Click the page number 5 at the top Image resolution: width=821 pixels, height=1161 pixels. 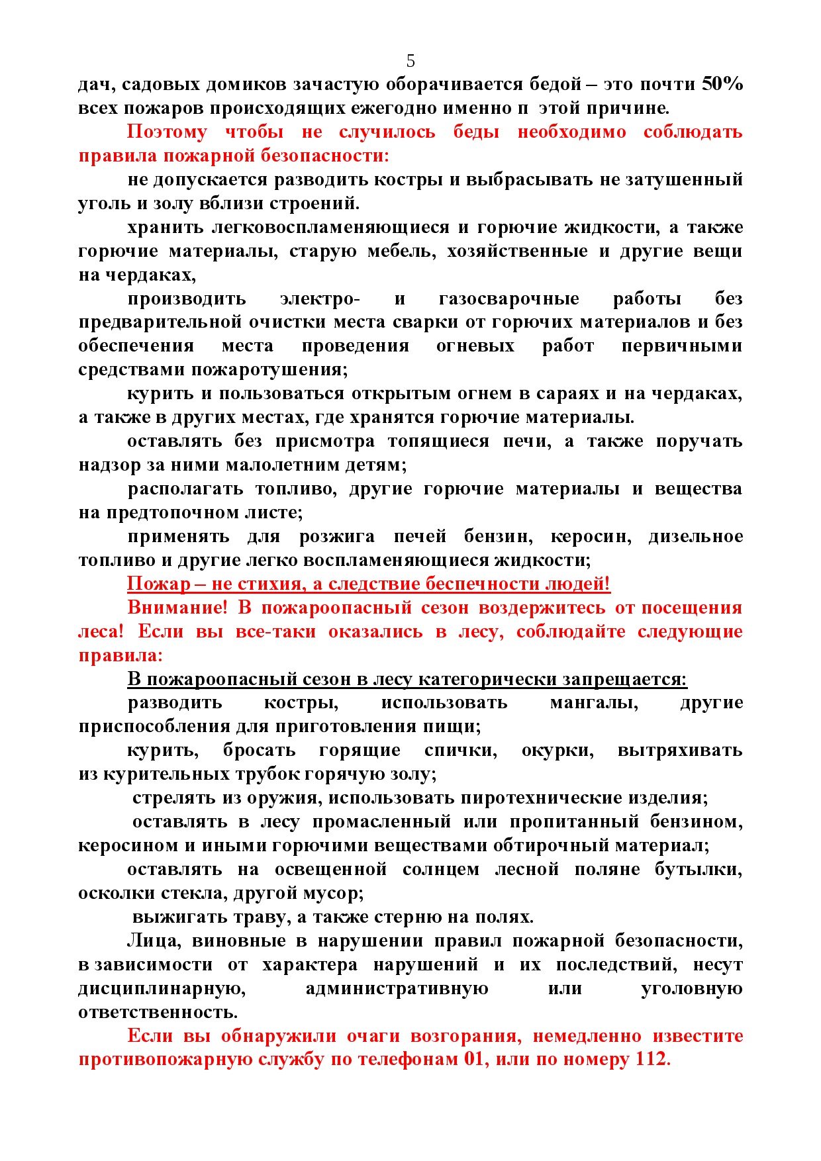click(410, 61)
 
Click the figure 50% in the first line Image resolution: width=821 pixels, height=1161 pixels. click(722, 84)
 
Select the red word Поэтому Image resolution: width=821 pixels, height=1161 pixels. click(167, 132)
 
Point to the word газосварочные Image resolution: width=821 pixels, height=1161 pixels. click(508, 299)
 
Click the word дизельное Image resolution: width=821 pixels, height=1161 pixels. click(695, 536)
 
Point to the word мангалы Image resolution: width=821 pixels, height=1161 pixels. click(594, 702)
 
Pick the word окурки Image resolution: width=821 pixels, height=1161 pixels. click(557, 750)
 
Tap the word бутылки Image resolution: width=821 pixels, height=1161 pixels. click(699, 869)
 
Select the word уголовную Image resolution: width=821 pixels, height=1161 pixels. click(692, 988)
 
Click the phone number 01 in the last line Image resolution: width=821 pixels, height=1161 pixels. click(475, 1059)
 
